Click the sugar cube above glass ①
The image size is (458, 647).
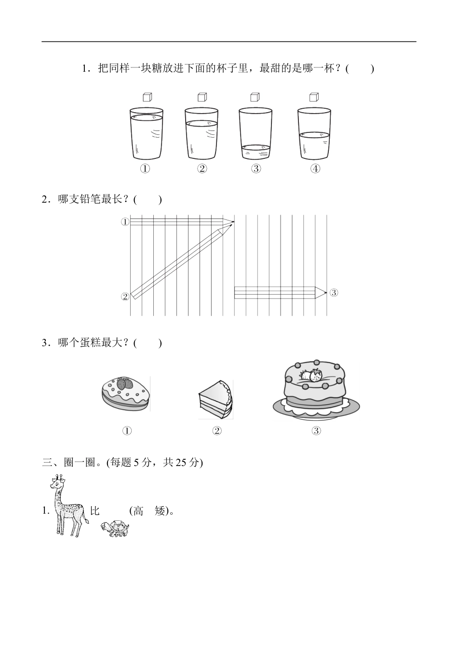click(147, 97)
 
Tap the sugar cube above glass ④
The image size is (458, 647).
click(314, 97)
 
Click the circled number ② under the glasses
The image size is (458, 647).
click(202, 168)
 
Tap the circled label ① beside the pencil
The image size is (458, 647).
click(125, 222)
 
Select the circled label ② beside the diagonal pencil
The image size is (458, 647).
click(125, 297)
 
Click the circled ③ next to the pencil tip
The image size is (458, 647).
click(334, 292)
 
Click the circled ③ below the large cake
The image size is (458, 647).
click(316, 431)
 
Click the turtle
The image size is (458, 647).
click(116, 529)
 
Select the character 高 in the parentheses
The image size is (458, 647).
click(139, 511)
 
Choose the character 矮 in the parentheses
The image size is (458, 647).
click(161, 511)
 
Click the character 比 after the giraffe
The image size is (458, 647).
click(95, 511)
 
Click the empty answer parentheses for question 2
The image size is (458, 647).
click(148, 200)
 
